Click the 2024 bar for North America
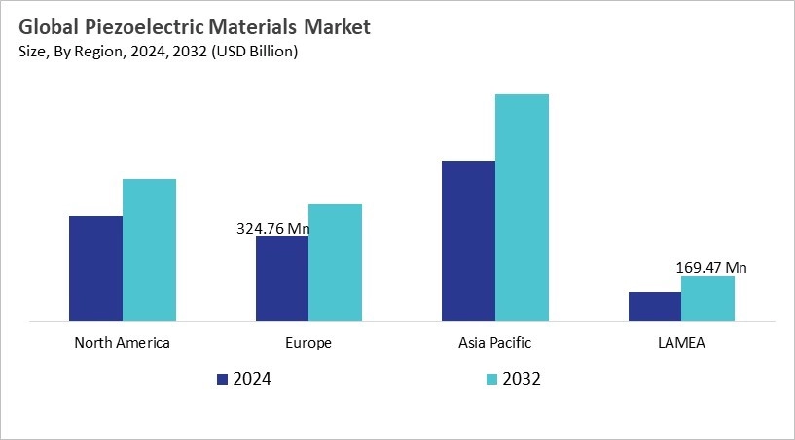95,268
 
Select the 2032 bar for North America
149,249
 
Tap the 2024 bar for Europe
282,278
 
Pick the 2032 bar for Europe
335,262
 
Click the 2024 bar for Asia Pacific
468,240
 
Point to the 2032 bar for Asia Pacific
522,207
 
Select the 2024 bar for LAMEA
655,306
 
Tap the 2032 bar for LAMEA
707,298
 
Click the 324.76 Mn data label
272,229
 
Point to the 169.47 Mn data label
711,267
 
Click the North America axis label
122,343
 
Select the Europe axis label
308,343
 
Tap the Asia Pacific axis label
494,343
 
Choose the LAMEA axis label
681,343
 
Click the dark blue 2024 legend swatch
222,379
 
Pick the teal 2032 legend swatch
491,379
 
